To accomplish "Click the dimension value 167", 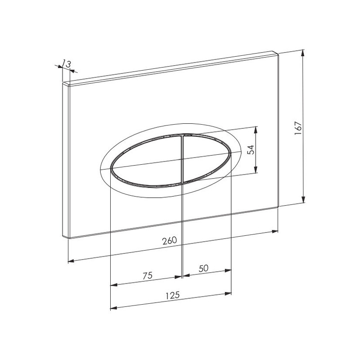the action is click(x=298, y=128).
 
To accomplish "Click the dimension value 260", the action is click(x=170, y=240).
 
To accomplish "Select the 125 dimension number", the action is click(x=172, y=295).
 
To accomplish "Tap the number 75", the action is click(x=148, y=275).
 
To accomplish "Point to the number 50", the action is click(x=203, y=268).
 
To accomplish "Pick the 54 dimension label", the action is click(x=252, y=150).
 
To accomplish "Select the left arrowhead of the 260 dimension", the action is click(x=71, y=261).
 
